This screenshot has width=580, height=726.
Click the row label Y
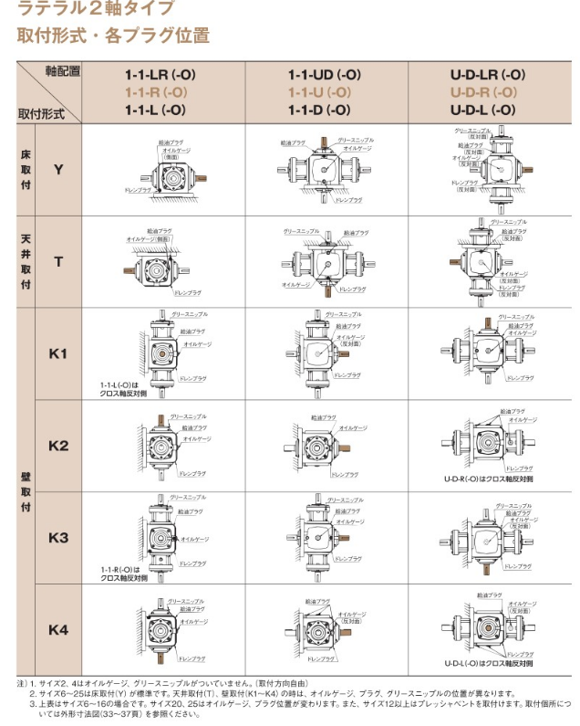(x=58, y=170)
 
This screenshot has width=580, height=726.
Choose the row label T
(x=58, y=262)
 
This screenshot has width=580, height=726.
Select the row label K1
(x=58, y=352)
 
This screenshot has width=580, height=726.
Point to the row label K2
(x=58, y=446)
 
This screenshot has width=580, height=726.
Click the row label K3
(x=58, y=538)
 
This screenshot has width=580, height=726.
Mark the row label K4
(x=58, y=629)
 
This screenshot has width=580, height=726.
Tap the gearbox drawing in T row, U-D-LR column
(x=482, y=260)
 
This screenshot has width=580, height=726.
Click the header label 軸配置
(x=63, y=71)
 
